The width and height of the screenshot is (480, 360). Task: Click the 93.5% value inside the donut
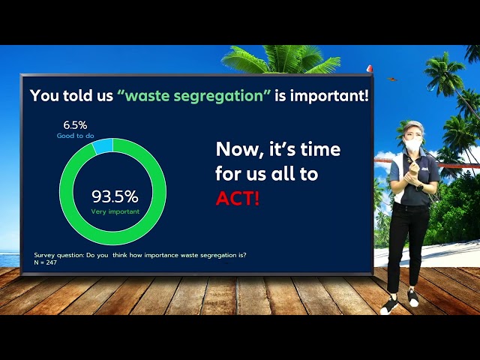[115, 197]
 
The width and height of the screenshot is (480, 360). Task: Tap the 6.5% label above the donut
[74, 124]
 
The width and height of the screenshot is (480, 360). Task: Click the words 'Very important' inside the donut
[115, 211]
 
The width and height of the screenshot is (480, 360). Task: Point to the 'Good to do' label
[75, 136]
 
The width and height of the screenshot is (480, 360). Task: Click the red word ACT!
[238, 198]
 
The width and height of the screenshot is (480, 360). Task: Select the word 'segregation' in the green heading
[221, 97]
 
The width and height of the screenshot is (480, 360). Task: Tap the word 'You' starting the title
[44, 97]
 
